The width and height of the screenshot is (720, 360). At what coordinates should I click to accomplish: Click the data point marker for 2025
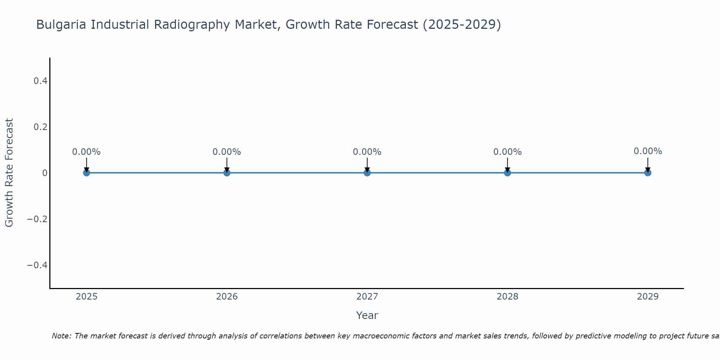tap(86, 173)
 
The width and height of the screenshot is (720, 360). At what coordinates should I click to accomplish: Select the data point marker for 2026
tap(227, 173)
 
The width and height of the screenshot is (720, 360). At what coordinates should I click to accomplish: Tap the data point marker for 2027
tap(367, 173)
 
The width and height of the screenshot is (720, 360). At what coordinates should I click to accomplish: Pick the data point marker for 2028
tap(508, 173)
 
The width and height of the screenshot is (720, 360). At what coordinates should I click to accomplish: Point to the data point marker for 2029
tap(648, 173)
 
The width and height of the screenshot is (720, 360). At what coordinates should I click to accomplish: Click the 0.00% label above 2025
tap(86, 152)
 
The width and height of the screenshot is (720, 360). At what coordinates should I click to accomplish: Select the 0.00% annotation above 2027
tap(367, 152)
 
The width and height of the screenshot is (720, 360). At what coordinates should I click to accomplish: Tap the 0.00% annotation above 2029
tap(648, 151)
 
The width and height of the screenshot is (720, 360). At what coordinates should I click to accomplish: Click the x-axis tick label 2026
tap(227, 297)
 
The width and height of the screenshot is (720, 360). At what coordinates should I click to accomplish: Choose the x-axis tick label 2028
tap(508, 297)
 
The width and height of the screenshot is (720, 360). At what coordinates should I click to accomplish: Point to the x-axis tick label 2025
tap(87, 297)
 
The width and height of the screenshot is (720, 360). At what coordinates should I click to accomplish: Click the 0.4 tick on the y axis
tap(41, 81)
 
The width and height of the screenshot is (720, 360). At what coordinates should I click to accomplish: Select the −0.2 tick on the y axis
tap(37, 219)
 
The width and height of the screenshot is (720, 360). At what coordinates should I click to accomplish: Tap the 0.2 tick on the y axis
tap(41, 127)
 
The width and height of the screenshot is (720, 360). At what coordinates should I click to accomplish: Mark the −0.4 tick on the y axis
tap(37, 265)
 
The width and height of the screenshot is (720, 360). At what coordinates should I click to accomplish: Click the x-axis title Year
tap(367, 315)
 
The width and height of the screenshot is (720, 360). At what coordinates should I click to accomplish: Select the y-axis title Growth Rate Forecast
tap(9, 173)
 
